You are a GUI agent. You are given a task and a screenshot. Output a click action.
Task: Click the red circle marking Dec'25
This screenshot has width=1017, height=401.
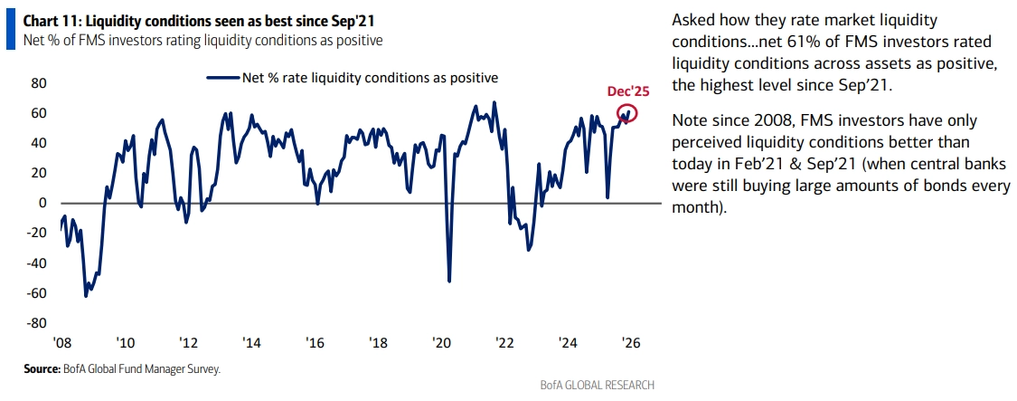click(x=627, y=113)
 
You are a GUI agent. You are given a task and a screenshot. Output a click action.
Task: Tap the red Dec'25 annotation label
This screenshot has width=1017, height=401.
click(x=627, y=91)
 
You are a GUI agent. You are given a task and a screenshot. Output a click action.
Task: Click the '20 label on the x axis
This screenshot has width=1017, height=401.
click(x=442, y=344)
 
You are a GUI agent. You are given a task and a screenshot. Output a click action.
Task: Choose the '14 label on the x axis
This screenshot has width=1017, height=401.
click(x=251, y=344)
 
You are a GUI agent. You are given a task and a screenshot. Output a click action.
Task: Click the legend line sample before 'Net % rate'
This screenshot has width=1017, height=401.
click(x=222, y=78)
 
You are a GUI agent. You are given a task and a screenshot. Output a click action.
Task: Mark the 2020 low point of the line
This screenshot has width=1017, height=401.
click(x=449, y=281)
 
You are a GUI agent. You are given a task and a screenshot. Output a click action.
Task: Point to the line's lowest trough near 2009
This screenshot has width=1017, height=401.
click(x=86, y=296)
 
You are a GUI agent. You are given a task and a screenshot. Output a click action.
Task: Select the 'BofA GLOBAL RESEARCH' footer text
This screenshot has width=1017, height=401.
click(x=598, y=385)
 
